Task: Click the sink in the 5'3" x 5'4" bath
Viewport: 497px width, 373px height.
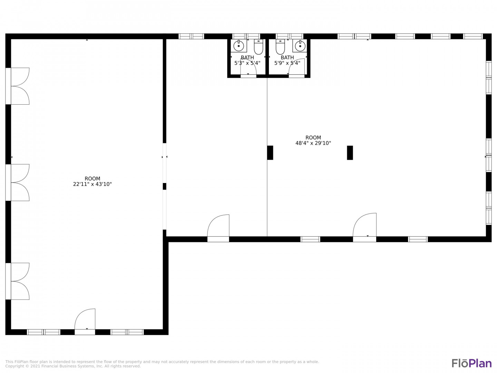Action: [x=238, y=46]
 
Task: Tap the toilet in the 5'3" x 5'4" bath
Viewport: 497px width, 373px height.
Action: [x=259, y=47]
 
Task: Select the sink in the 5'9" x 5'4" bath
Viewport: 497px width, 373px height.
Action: [x=300, y=46]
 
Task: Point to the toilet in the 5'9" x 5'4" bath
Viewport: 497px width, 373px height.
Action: [x=280, y=47]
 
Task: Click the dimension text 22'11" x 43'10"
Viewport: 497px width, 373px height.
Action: [x=92, y=184]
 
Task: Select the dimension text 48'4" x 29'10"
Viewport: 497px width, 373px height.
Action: [x=313, y=143]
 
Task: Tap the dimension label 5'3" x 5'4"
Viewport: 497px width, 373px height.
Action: [x=247, y=63]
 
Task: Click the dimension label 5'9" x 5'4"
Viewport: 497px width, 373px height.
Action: [x=288, y=63]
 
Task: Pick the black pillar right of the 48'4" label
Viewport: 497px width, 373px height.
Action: [x=350, y=153]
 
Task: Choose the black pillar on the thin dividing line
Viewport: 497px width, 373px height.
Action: [x=270, y=153]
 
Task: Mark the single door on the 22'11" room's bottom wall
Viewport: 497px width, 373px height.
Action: [x=85, y=322]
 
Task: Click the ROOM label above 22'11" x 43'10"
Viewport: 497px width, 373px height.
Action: [x=92, y=179]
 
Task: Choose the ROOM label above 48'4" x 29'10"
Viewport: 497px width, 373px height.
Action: [x=313, y=138]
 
